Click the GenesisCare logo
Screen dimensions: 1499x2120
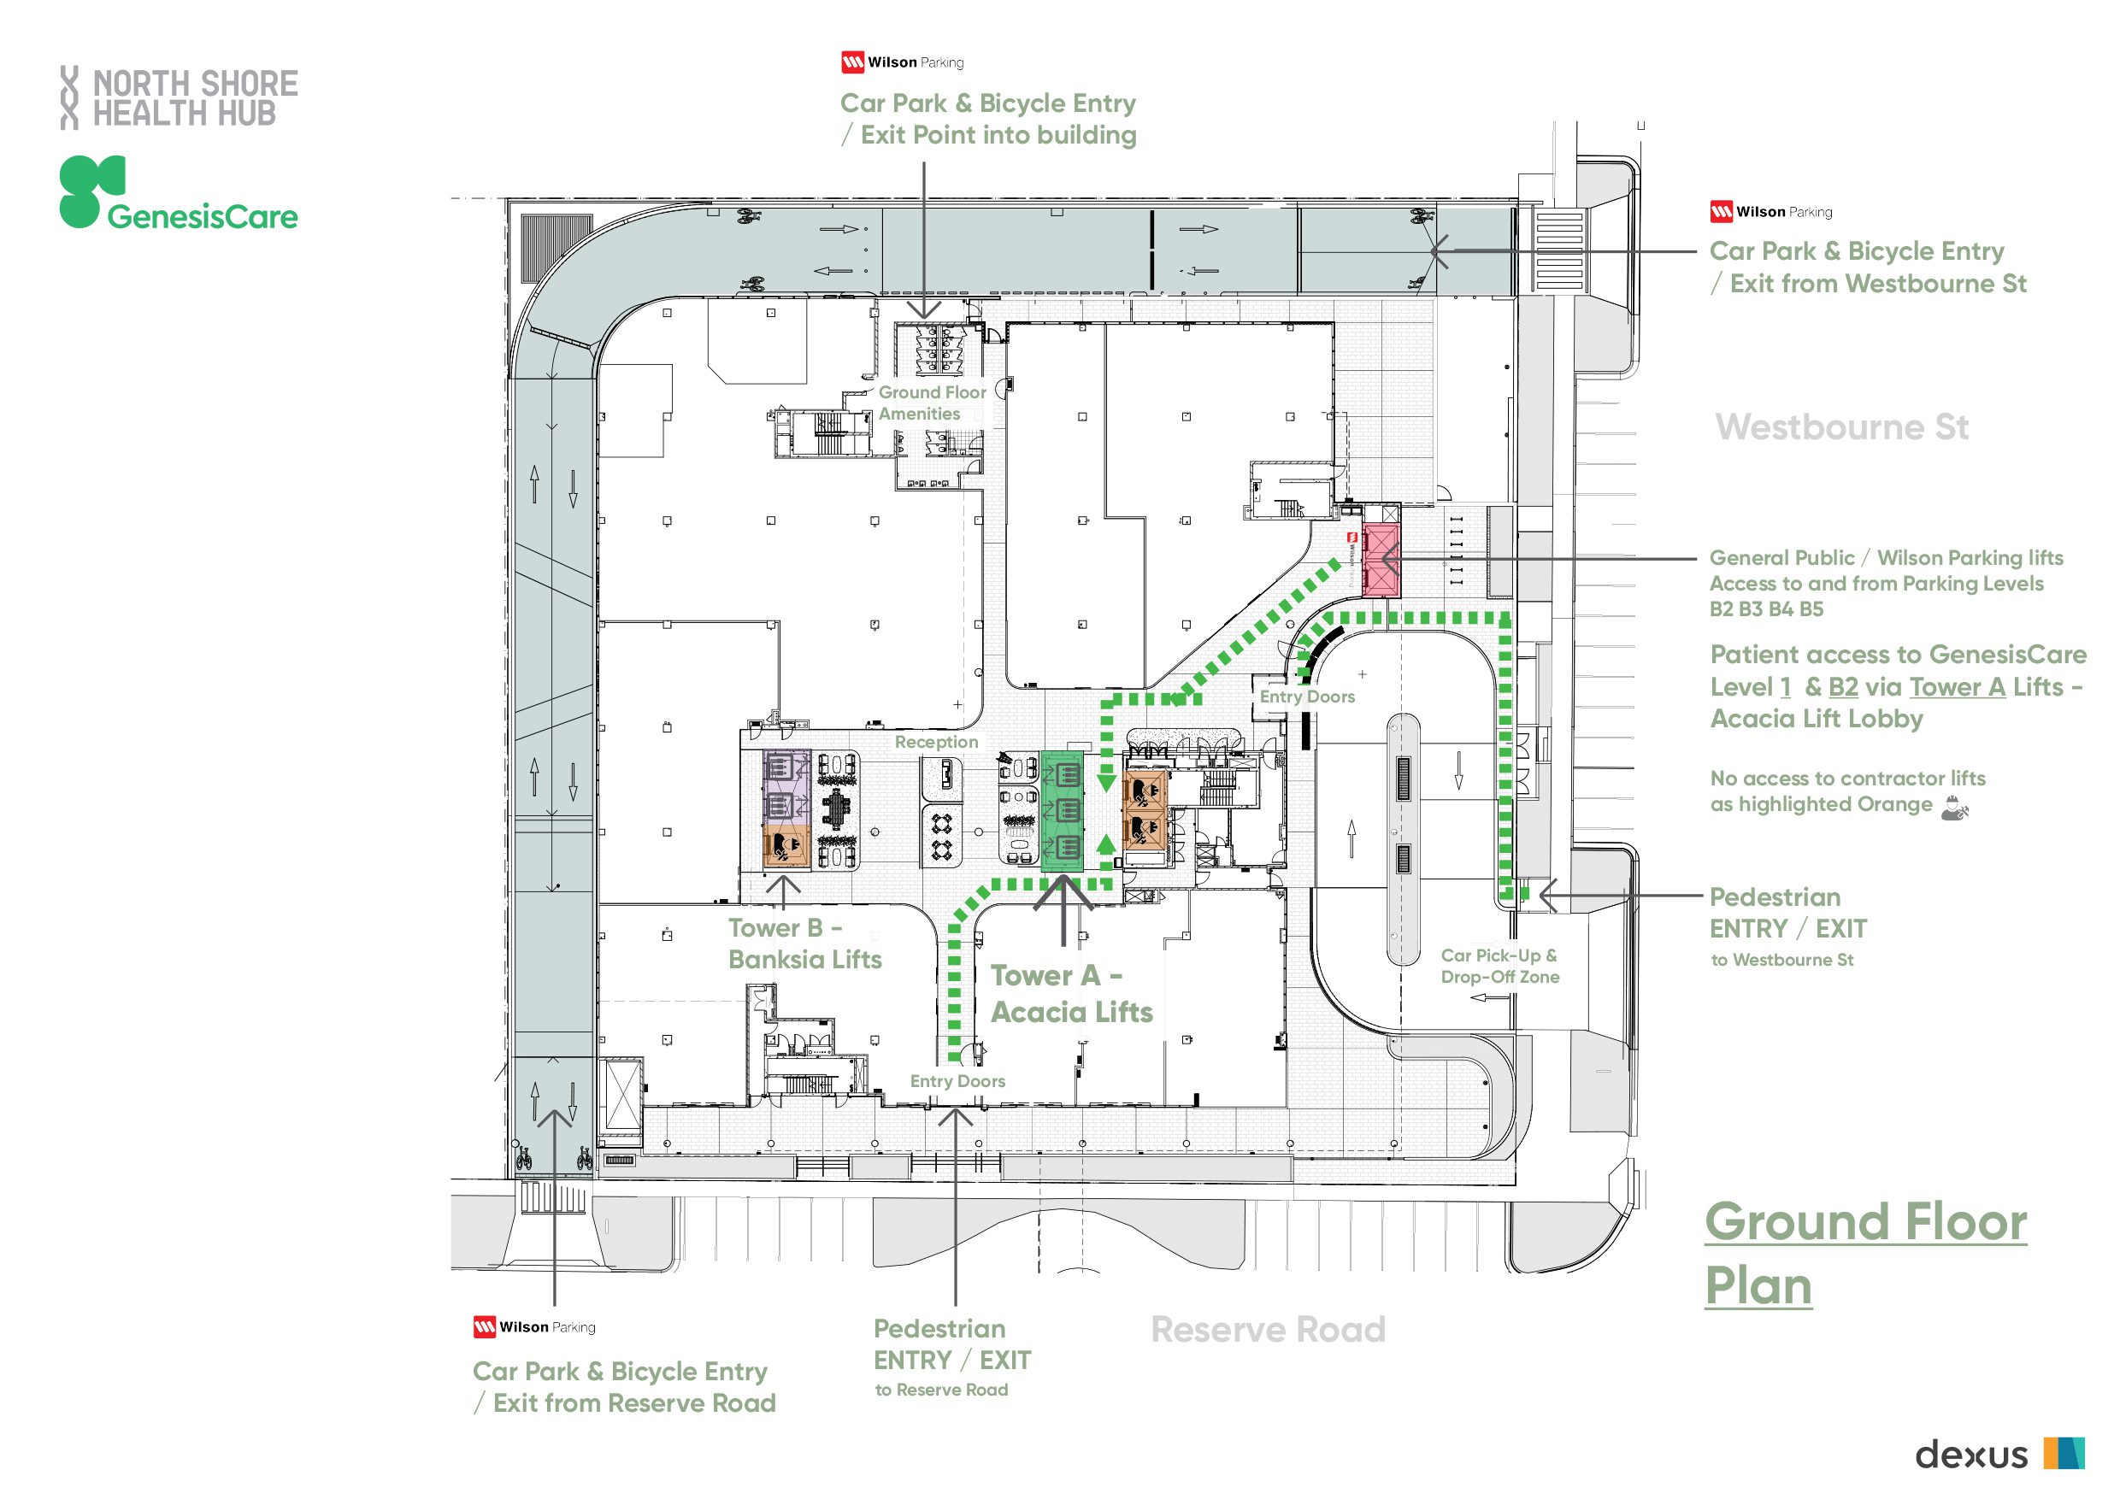tap(178, 194)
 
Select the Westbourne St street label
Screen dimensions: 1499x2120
tap(1841, 427)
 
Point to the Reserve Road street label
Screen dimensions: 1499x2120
tap(1268, 1329)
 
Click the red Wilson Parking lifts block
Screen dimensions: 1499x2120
tap(1382, 560)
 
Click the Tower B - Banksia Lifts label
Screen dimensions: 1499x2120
tap(804, 943)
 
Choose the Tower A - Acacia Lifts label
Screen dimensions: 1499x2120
tap(1071, 994)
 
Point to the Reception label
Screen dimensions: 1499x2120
tap(935, 742)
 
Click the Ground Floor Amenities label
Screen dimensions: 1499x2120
tap(931, 403)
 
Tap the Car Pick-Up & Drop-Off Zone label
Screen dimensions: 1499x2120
tap(1499, 966)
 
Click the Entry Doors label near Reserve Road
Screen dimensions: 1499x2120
tap(957, 1081)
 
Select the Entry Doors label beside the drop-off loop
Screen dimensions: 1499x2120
tap(1306, 697)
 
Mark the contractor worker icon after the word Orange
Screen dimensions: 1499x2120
tap(1954, 808)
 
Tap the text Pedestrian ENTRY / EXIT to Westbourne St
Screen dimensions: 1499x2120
tap(1787, 926)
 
